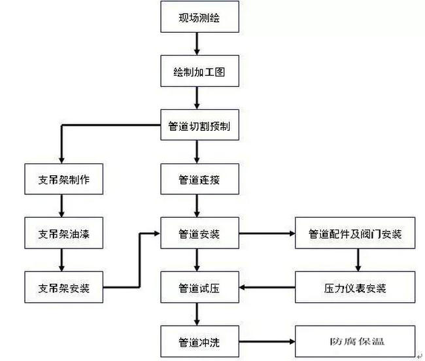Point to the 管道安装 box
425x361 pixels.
click(199, 233)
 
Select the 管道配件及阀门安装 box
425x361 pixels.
click(355, 233)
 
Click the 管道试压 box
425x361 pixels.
click(199, 287)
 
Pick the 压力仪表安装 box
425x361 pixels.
click(355, 287)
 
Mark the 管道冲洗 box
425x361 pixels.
click(199, 341)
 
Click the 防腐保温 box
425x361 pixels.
click(355, 341)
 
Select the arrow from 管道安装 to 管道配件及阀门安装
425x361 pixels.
click(265, 233)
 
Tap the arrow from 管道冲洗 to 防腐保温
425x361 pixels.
click(265, 341)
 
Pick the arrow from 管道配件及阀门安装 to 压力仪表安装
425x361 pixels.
click(356, 260)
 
